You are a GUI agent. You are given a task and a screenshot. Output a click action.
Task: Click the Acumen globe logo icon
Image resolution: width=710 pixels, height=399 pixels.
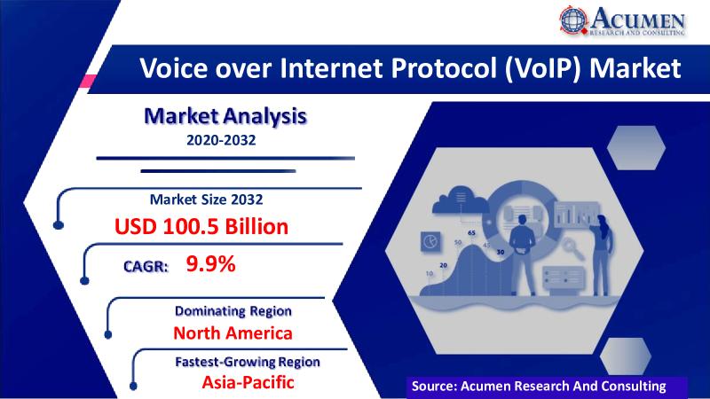[x=573, y=20]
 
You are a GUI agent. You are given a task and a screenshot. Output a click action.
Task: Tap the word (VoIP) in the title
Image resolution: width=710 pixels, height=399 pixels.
[x=542, y=69]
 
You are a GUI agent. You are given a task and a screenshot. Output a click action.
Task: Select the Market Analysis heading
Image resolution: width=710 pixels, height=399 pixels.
[x=225, y=116]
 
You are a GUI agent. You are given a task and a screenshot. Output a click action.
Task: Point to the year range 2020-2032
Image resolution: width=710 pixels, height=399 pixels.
[x=221, y=140]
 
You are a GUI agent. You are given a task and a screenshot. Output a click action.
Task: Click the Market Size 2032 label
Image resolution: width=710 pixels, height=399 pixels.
[x=206, y=199]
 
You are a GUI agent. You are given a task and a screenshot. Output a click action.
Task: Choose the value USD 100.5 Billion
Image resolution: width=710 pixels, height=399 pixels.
[x=201, y=226]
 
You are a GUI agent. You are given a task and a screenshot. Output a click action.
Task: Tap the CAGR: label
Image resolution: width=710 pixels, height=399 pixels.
[x=146, y=266]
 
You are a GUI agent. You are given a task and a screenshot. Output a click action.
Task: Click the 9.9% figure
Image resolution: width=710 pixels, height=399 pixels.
[x=210, y=263]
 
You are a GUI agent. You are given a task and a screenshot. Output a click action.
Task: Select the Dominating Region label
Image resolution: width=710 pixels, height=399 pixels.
[x=233, y=311]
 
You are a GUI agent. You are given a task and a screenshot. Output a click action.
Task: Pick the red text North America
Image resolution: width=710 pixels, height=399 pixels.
[x=233, y=333]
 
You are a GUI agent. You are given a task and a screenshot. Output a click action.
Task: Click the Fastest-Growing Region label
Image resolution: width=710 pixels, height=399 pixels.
[x=248, y=362]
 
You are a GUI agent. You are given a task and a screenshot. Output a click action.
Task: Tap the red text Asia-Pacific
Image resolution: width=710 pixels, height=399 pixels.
[x=248, y=382]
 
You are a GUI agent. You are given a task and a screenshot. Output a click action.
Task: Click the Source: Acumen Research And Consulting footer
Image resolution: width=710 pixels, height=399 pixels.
[x=539, y=386]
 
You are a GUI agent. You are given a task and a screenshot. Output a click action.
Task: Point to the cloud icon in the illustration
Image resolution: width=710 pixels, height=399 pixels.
[x=461, y=200]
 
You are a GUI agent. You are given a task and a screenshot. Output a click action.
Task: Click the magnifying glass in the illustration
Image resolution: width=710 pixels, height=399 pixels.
[x=572, y=248]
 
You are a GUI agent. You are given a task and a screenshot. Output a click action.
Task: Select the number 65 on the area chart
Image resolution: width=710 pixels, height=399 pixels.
[x=471, y=232]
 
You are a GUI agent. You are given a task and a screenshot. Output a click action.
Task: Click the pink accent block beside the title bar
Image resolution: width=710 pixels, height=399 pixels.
[x=88, y=82]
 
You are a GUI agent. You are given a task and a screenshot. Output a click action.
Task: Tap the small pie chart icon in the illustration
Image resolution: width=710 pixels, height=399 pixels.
[x=430, y=241]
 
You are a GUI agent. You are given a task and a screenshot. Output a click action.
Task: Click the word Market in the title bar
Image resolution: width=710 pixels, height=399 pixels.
[x=635, y=68]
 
